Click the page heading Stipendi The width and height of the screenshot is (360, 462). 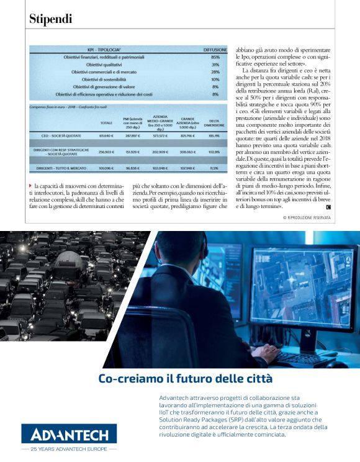pyautogui.click(x=51, y=19)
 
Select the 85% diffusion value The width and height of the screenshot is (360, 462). pyautogui.click(x=215, y=57)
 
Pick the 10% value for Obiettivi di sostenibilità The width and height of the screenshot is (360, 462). pyautogui.click(x=215, y=79)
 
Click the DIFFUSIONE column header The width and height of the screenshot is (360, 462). pyautogui.click(x=215, y=49)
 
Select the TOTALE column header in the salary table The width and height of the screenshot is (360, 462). pyautogui.click(x=106, y=123)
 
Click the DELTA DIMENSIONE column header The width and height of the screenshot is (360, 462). pyautogui.click(x=215, y=123)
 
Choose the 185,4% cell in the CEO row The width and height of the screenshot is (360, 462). pyautogui.click(x=215, y=135)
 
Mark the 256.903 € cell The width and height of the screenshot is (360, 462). pyautogui.click(x=106, y=152)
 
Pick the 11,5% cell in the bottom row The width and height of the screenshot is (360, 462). pyautogui.click(x=215, y=168)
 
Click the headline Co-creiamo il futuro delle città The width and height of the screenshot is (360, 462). pyautogui.click(x=177, y=378)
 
